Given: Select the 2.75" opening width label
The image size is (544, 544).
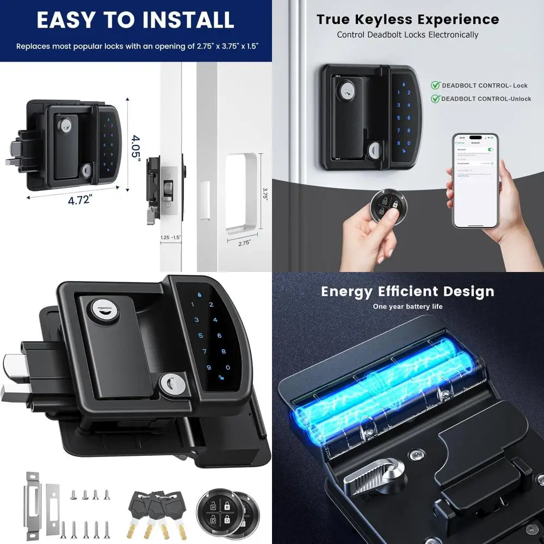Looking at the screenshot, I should click(244, 243).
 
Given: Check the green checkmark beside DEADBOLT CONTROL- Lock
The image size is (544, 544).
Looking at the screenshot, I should click(435, 85).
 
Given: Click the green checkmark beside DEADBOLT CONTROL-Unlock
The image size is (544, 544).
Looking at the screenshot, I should click(435, 98).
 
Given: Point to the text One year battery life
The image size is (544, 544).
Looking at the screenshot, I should click(407, 307).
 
